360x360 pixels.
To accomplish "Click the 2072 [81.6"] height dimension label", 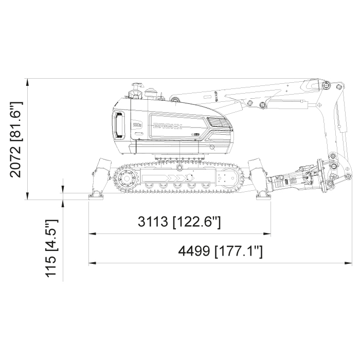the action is pyautogui.click(x=16, y=139).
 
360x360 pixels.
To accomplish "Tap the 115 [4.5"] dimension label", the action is pyautogui.click(x=51, y=248).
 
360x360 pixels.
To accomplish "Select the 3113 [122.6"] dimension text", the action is pyautogui.click(x=179, y=222).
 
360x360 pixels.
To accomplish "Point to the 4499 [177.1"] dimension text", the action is pyautogui.click(x=221, y=251).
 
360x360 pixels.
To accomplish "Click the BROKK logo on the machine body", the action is pyautogui.click(x=168, y=126).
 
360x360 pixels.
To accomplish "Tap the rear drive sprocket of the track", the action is pyautogui.click(x=125, y=178).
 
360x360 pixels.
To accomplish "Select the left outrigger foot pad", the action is pyautogui.click(x=96, y=197).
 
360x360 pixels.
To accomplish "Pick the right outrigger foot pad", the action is pyautogui.click(x=264, y=197).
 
